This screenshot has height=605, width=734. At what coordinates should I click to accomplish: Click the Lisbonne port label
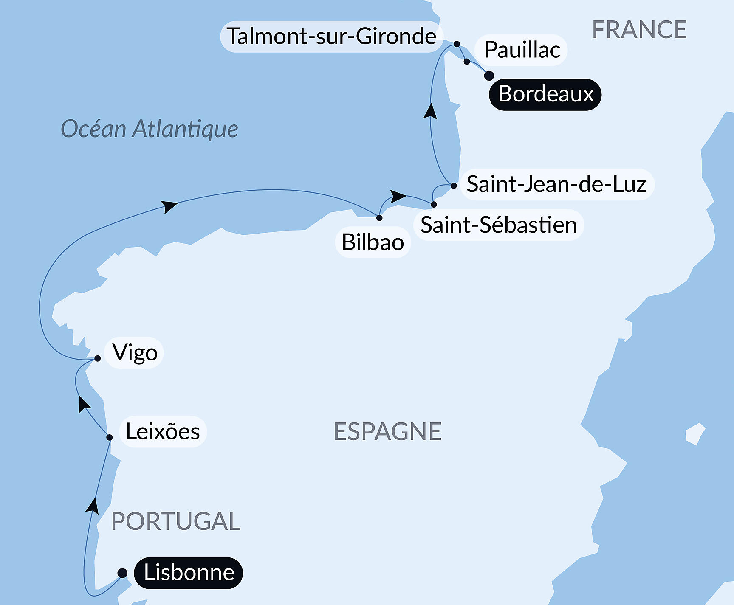click(189, 573)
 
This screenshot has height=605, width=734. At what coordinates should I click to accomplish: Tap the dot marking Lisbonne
click(122, 573)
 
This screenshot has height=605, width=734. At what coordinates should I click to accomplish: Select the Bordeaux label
click(545, 94)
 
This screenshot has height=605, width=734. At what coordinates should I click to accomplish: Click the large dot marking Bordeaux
click(489, 76)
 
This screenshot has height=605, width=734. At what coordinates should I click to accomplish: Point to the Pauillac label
click(522, 50)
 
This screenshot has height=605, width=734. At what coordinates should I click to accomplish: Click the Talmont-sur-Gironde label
click(331, 37)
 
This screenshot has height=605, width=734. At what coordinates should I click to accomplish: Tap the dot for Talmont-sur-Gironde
click(457, 44)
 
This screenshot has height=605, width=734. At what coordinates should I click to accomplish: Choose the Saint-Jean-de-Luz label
click(556, 184)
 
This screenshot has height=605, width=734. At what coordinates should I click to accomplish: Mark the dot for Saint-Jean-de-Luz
click(454, 186)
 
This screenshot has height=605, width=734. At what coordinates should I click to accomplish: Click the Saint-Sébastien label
click(499, 225)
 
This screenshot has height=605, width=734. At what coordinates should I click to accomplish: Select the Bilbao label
click(373, 242)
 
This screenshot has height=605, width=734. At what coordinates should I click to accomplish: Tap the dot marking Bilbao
click(379, 218)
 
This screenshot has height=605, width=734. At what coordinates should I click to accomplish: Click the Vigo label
click(135, 353)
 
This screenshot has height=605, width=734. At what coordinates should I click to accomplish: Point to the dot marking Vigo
click(97, 358)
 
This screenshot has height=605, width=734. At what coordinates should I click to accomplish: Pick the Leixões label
click(163, 432)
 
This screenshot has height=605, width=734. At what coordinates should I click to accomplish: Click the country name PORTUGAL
click(175, 521)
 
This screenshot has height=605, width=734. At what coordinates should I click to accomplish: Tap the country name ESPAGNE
click(387, 431)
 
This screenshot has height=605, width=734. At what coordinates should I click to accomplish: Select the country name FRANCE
click(639, 30)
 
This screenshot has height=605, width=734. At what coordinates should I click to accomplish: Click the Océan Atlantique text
click(149, 129)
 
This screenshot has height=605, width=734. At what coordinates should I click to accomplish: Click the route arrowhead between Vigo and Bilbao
click(169, 206)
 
